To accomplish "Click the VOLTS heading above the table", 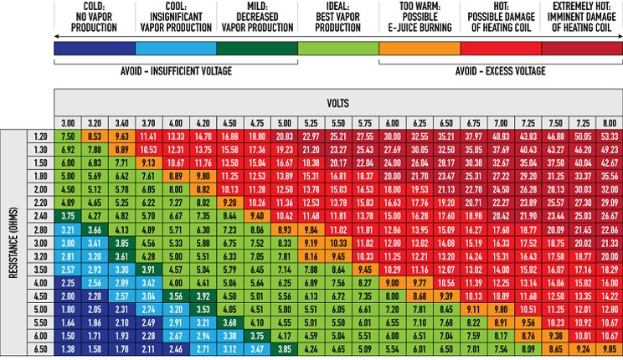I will tap(338, 105).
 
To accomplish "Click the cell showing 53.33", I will tap(609, 136).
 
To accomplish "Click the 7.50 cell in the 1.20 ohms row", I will tap(69, 136).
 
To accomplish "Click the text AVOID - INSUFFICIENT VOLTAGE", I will tap(175, 70).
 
